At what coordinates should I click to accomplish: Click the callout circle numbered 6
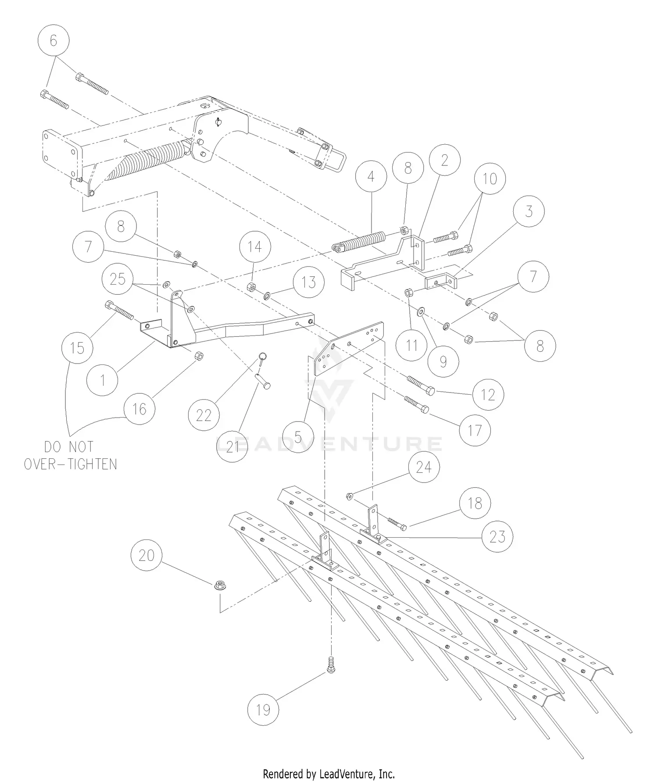point(54,41)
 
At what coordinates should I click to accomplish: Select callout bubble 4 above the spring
point(371,177)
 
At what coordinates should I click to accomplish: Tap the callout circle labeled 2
point(445,161)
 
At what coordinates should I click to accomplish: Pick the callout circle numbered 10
point(490,179)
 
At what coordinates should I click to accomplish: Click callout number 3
point(529,211)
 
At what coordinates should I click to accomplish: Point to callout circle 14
point(255,247)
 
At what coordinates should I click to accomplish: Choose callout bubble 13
point(309,282)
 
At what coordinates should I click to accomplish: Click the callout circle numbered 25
point(118,279)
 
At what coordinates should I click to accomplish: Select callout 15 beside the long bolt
point(77,348)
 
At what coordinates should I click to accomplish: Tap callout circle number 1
point(103,380)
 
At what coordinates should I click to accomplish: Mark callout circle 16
point(139,409)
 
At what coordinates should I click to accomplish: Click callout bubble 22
point(204,415)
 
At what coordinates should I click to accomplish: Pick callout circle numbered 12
point(488,395)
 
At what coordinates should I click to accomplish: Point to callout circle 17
point(475,430)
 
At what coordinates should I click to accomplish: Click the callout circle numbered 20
point(147,555)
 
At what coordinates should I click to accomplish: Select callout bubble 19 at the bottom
point(263,710)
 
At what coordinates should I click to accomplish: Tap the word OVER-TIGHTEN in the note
point(70,464)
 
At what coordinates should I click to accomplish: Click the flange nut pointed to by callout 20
point(219,585)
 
